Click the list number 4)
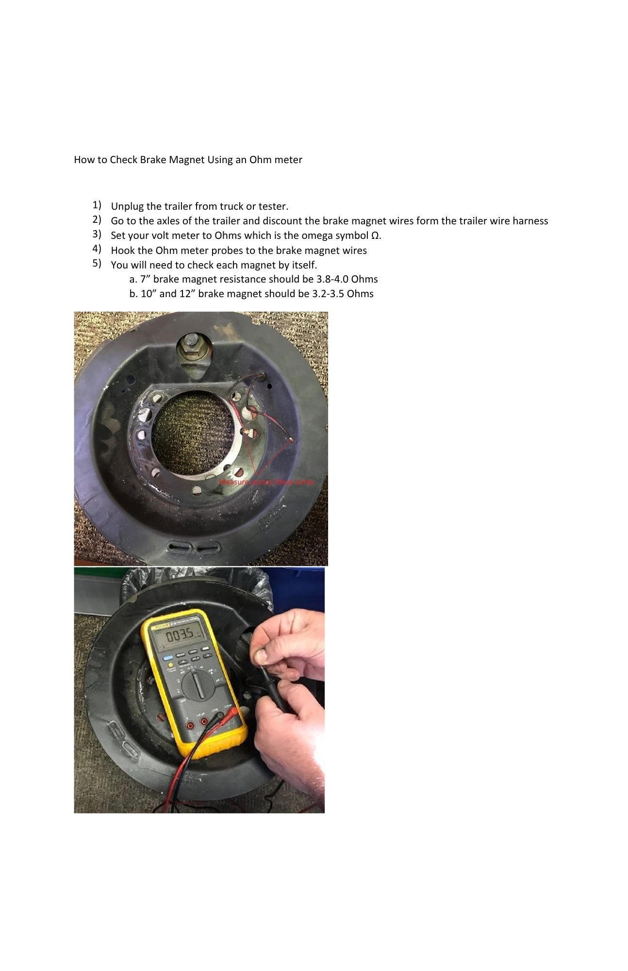[x=97, y=249]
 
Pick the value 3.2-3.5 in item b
[x=328, y=294]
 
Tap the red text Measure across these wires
[x=266, y=482]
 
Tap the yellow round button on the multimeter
[x=170, y=664]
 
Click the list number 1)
[x=97, y=204]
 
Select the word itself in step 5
[x=304, y=266]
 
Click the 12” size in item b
[x=186, y=294]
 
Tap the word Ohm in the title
[x=260, y=160]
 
